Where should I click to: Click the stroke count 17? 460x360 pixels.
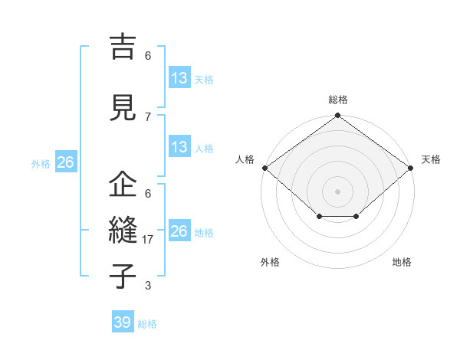(148, 240)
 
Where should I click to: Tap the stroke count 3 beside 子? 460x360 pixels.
(148, 286)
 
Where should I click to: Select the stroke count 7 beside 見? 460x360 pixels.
(148, 116)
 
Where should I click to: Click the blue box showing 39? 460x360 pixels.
(123, 322)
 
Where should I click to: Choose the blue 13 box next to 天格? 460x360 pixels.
(179, 78)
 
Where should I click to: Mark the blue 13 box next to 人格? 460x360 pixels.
(179, 147)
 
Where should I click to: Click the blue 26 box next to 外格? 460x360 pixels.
(65, 162)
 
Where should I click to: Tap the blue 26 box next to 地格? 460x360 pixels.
(179, 231)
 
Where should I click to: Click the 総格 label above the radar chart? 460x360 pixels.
(338, 100)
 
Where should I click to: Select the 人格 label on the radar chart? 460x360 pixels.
(245, 159)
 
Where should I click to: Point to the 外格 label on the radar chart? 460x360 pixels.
(270, 262)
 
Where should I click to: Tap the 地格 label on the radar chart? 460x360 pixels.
(402, 262)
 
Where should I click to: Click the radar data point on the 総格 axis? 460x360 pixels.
(337, 116)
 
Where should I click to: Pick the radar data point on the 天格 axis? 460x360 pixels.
(412, 168)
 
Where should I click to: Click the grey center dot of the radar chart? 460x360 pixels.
(337, 191)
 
